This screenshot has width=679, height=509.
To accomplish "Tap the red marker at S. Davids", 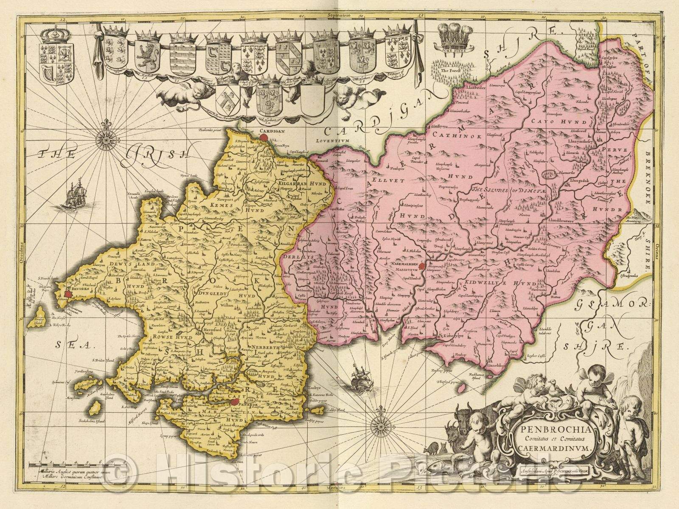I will pos(67,293).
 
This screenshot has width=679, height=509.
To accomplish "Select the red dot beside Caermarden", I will pos(422,266).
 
